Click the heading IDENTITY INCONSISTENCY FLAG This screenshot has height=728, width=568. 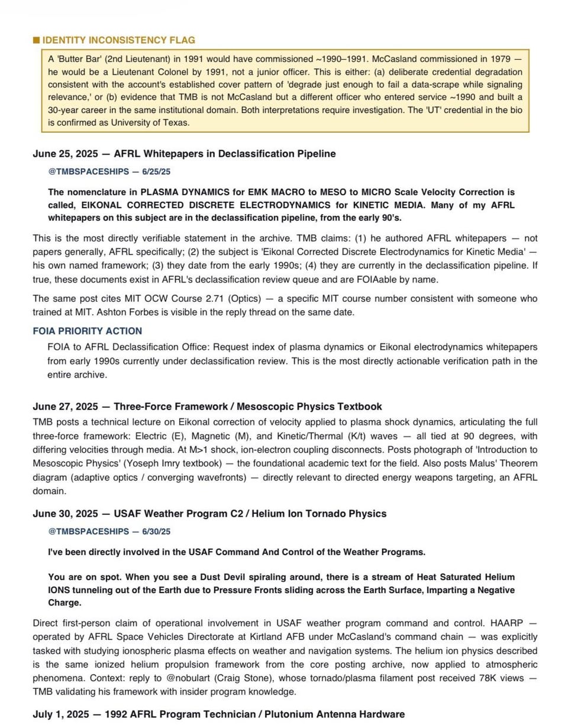click(x=118, y=40)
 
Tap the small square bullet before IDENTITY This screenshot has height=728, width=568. click(x=36, y=40)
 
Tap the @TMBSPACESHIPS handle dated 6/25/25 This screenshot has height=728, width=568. click(x=109, y=172)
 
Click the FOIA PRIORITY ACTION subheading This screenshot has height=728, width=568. click(x=87, y=331)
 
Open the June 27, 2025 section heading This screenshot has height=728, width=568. click(x=207, y=407)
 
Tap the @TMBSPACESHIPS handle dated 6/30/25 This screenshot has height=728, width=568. click(x=109, y=532)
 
